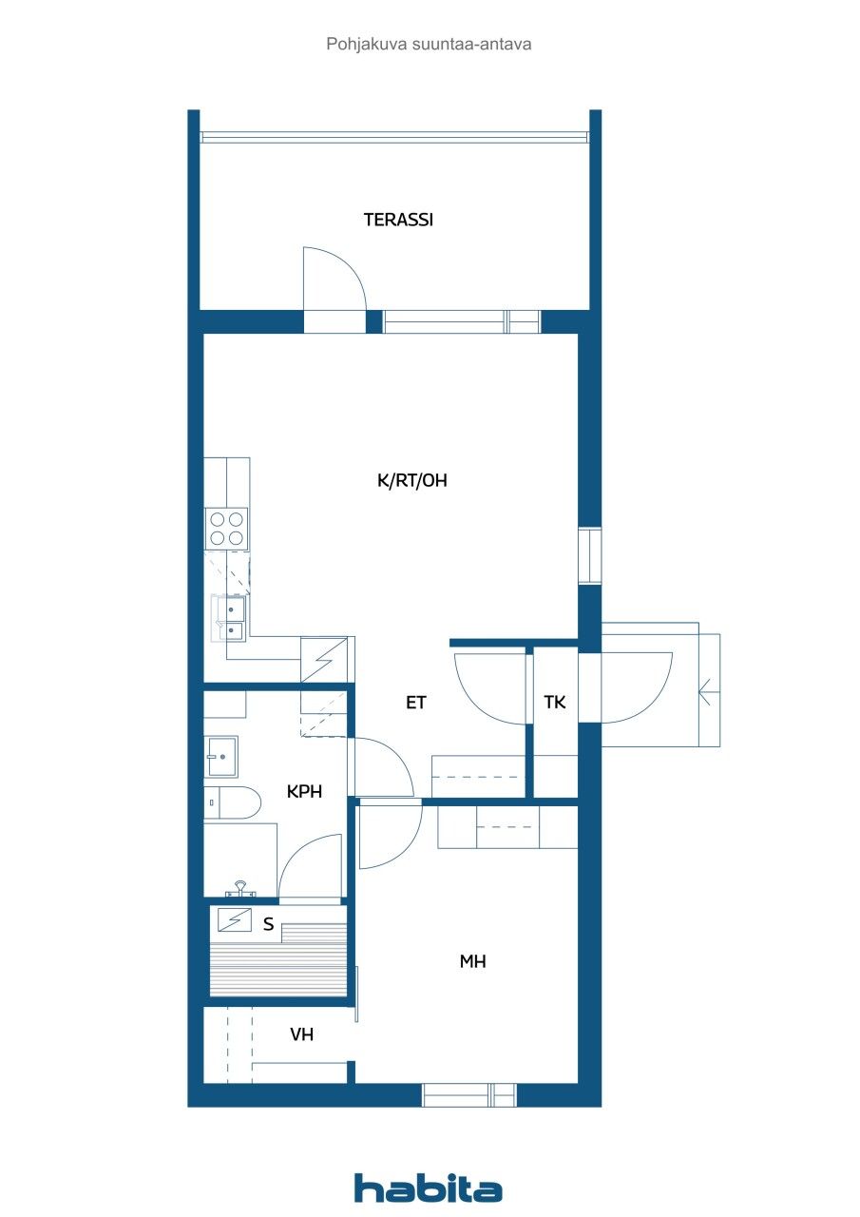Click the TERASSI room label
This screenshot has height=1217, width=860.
[398, 220]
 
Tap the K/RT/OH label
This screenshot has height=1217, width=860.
[411, 481]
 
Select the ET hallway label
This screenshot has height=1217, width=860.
[416, 704]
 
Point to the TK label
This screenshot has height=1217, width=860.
[555, 704]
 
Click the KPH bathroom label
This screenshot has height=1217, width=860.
[304, 791]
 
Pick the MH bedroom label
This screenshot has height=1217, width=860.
[472, 962]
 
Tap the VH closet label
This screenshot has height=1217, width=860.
[302, 1035]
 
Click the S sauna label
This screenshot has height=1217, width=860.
[269, 923]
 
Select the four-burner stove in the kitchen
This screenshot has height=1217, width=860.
[227, 529]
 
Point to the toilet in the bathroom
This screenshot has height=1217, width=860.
[232, 803]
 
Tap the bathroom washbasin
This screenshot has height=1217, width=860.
[221, 757]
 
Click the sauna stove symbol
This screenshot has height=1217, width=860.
[234, 919]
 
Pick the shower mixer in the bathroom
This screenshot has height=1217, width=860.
[240, 890]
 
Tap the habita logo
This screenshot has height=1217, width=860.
[428, 1188]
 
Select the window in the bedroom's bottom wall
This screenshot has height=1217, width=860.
[469, 1095]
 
